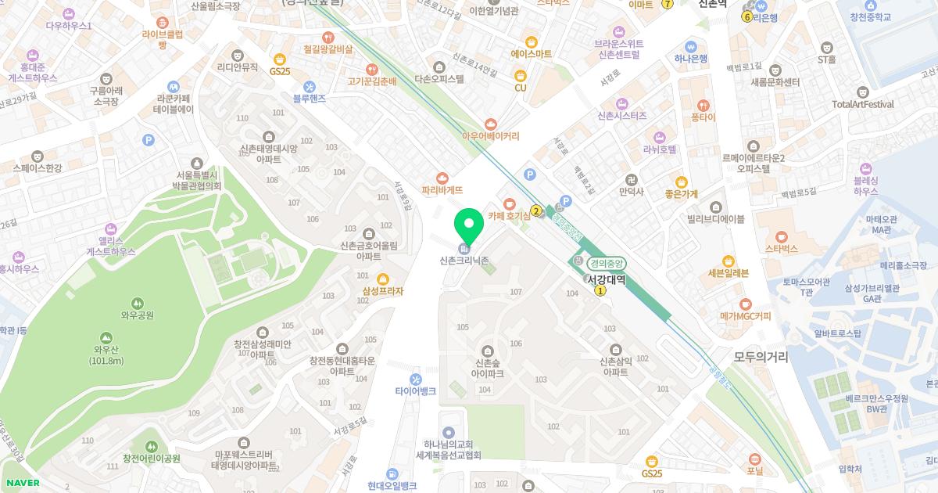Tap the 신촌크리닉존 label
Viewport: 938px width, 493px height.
(x=464, y=261)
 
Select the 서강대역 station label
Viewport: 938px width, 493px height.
(x=608, y=279)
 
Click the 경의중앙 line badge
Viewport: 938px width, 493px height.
(x=607, y=264)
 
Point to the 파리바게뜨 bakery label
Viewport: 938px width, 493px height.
(x=442, y=189)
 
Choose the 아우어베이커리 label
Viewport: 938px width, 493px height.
(x=490, y=135)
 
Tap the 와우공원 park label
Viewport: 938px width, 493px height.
(x=137, y=315)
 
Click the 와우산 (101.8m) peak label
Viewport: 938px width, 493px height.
(x=106, y=355)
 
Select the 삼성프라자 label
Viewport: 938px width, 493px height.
(x=382, y=291)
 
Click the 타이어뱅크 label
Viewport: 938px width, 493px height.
(x=415, y=390)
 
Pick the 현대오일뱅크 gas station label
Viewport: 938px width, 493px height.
(x=392, y=486)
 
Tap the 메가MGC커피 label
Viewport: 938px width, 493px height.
(x=745, y=316)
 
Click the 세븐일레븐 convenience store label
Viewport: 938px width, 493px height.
(x=728, y=272)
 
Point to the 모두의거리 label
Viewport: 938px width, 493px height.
(x=761, y=357)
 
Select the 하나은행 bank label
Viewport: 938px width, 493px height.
(x=690, y=58)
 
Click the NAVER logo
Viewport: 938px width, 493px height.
(x=22, y=483)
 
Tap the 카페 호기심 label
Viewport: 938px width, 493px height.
(x=509, y=215)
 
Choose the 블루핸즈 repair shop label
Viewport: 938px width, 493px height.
(x=310, y=99)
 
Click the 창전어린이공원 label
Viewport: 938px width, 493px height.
(x=152, y=458)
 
